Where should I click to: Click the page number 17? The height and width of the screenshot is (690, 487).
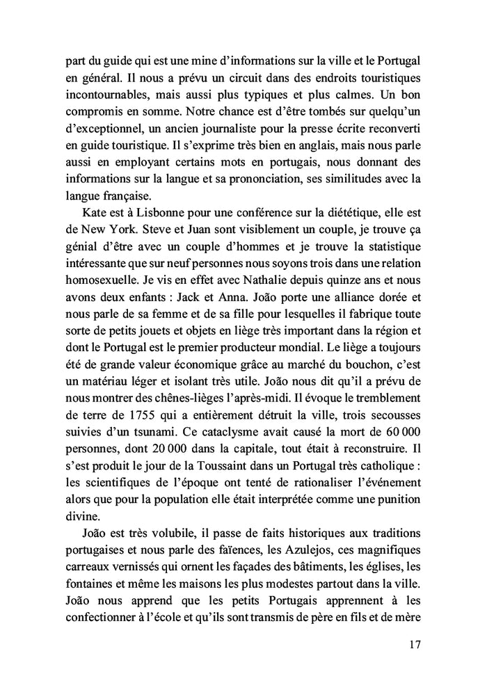(415, 645)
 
